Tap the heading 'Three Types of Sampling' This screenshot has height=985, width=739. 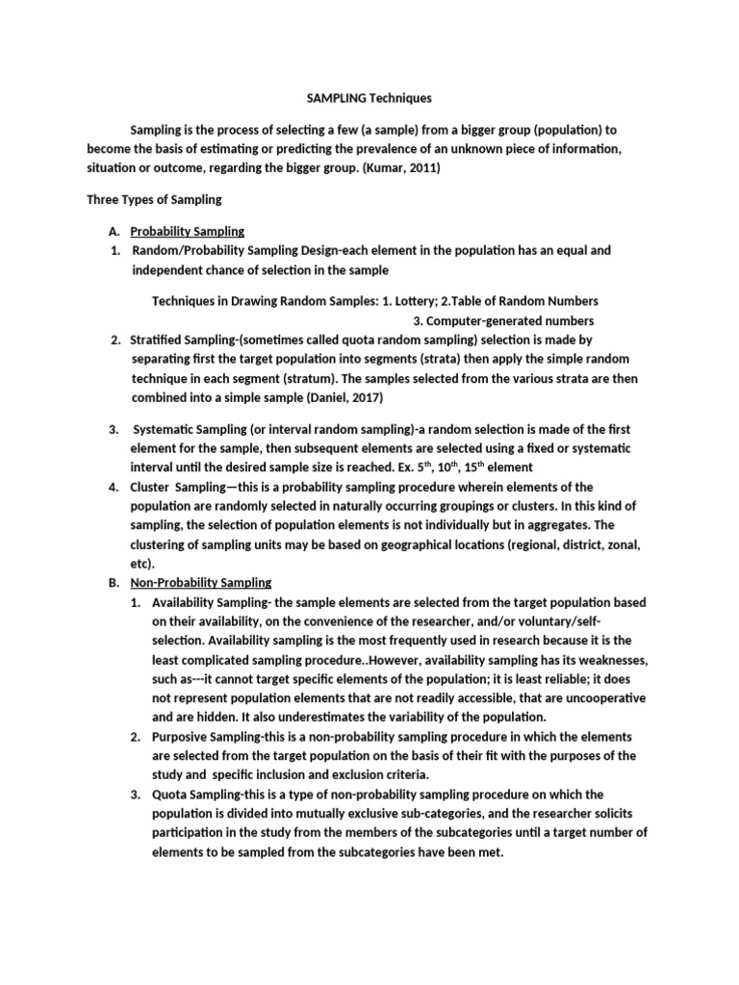[x=154, y=200]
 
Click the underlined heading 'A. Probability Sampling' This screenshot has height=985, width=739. [x=188, y=231]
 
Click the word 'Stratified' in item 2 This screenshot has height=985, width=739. [x=159, y=341]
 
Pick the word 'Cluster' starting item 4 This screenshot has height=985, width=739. [x=150, y=487]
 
